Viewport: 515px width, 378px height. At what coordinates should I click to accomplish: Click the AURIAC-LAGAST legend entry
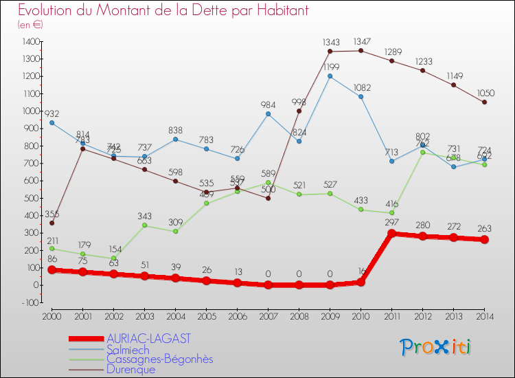click(148, 339)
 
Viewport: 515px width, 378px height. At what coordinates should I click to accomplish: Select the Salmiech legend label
click(128, 349)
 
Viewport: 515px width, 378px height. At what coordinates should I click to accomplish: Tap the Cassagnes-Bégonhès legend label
click(159, 359)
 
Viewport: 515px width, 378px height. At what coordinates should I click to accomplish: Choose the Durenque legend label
click(130, 369)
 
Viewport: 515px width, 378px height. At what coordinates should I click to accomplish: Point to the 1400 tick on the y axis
click(30, 42)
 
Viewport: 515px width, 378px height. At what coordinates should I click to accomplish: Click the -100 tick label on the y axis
click(30, 302)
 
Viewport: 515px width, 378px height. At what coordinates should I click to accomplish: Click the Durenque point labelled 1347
click(360, 50)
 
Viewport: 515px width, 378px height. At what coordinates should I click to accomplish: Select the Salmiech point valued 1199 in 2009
click(330, 76)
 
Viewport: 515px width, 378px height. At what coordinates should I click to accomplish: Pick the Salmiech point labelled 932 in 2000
click(51, 122)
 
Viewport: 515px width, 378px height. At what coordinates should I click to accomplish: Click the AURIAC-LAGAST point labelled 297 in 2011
click(391, 233)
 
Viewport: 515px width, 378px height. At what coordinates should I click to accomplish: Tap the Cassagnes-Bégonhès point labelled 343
click(144, 225)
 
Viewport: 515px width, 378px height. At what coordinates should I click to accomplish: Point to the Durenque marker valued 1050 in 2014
click(484, 102)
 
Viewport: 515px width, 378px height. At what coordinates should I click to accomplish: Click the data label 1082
click(361, 87)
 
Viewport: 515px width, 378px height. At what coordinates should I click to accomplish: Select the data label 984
click(268, 104)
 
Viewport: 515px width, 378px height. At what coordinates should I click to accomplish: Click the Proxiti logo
click(436, 347)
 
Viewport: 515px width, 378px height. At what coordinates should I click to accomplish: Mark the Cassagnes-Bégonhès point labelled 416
click(391, 212)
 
